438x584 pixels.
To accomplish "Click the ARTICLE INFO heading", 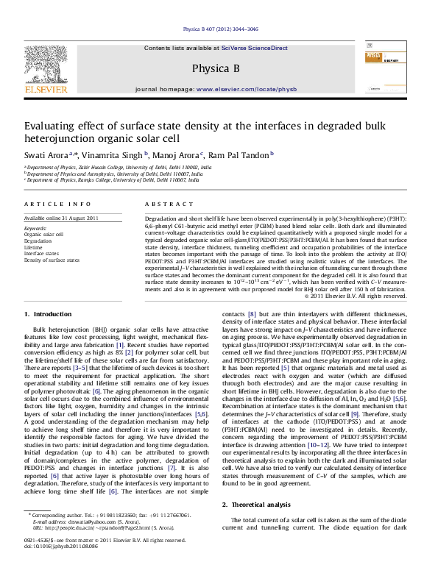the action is (46, 202).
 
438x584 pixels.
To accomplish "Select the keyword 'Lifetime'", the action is (32, 246).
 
